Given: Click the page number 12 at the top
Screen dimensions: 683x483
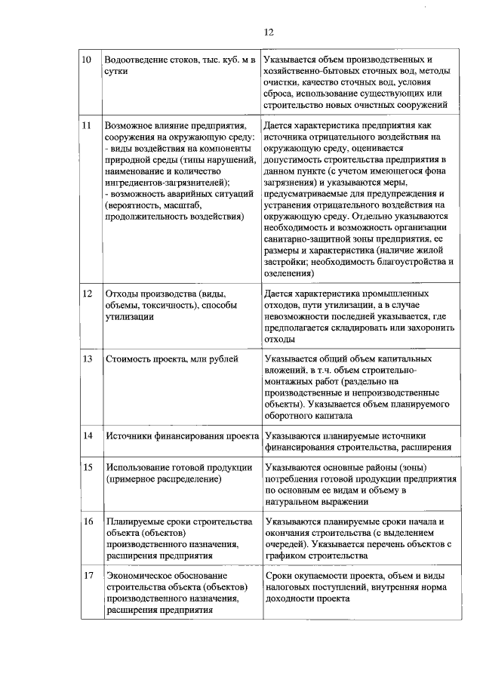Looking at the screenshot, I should click(x=268, y=32).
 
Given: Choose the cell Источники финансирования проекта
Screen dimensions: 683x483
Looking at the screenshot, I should click(x=182, y=435).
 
